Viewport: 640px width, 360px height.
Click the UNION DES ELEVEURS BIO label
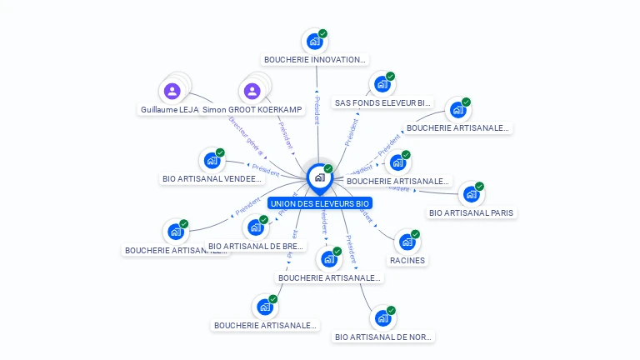pos(320,203)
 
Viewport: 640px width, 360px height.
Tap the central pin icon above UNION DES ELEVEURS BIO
pos(319,177)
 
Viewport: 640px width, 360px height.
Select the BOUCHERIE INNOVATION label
pos(315,60)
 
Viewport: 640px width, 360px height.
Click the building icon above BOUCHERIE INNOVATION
pos(314,41)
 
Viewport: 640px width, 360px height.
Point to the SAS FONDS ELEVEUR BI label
pos(383,103)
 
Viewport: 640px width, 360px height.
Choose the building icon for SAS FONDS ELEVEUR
pos(382,84)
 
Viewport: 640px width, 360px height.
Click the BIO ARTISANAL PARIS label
pos(472,212)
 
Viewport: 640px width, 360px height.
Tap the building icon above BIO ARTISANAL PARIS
pos(471,194)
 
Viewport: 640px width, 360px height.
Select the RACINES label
pos(407,260)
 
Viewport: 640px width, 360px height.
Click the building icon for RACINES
pos(407,242)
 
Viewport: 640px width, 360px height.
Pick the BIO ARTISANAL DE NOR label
pos(383,337)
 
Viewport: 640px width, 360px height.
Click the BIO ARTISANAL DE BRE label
pos(256,247)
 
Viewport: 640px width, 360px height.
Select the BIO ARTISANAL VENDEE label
pos(212,178)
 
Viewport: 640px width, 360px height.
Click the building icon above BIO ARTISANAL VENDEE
pos(212,160)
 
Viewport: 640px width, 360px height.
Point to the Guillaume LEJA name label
pos(170,110)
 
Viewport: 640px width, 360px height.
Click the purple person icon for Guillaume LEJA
pos(172,91)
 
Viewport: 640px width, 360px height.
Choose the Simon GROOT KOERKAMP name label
pos(253,110)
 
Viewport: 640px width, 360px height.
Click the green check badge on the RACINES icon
pos(415,234)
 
